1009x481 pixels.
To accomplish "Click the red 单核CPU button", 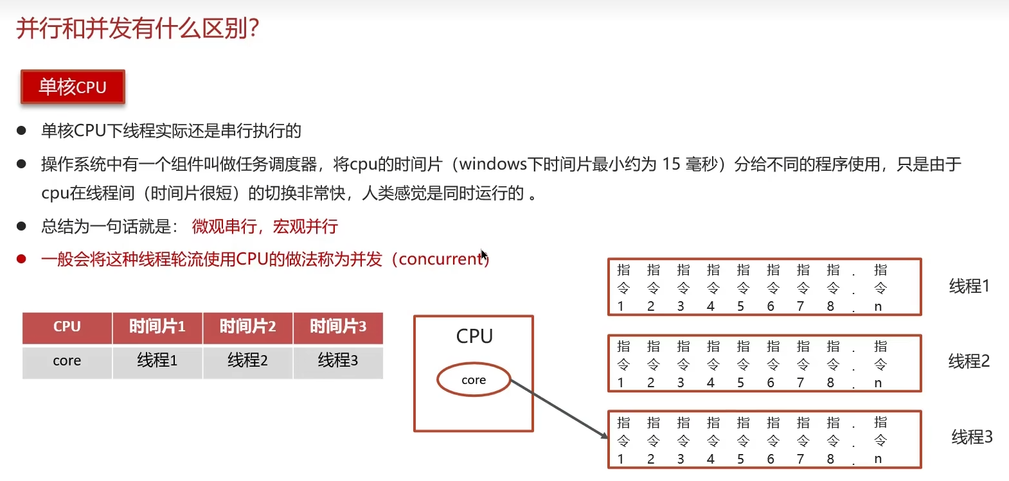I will [73, 87].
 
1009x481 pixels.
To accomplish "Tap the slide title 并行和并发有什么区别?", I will [138, 28].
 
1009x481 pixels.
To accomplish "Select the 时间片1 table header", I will [157, 327].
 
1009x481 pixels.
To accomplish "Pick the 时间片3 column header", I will [338, 327].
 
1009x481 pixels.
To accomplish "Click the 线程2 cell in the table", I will [247, 361].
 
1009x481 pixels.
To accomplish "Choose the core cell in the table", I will [67, 361].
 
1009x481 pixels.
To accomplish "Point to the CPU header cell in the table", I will [67, 327].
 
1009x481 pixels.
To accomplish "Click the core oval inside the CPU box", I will [474, 380].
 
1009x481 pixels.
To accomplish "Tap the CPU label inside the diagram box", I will [474, 336].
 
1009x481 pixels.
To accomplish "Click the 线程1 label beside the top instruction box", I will [969, 286].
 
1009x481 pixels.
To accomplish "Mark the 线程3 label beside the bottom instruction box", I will [972, 437].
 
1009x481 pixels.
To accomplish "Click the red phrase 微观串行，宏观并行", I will [265, 227].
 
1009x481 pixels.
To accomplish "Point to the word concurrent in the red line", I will [441, 259].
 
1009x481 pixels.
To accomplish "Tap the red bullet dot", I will [21, 259].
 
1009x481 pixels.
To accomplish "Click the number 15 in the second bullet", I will [671, 164].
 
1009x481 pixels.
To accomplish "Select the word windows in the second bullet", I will [493, 164].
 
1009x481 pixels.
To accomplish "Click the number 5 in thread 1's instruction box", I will [740, 306].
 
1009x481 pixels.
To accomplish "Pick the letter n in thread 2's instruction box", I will [878, 383].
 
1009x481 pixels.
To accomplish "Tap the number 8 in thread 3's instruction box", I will [830, 459].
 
